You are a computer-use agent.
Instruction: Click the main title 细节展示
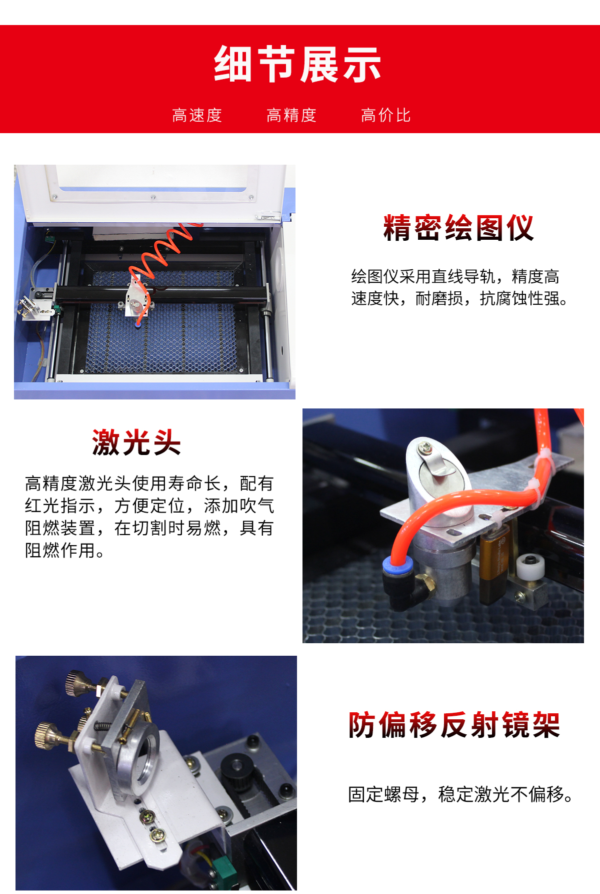point(298,64)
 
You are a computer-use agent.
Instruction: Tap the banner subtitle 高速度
point(197,115)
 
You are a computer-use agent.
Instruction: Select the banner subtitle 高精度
point(291,115)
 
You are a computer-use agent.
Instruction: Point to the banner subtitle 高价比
point(386,115)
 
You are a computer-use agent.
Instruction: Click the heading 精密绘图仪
point(458,228)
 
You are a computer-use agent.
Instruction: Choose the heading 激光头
point(136,442)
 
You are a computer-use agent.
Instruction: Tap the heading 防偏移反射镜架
point(454,725)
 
